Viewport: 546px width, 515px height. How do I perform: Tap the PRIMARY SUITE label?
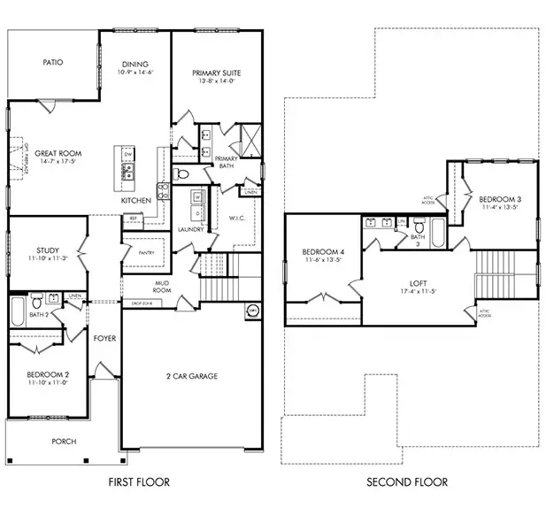point(216,73)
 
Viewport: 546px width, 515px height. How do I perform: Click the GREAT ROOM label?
point(58,153)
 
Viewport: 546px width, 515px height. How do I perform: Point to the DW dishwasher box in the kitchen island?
point(128,155)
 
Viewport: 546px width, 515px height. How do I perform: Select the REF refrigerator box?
point(134,218)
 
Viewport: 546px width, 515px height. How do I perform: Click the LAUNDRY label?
point(190,230)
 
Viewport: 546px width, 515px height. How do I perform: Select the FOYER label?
point(105,338)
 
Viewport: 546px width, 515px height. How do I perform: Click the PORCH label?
point(64,441)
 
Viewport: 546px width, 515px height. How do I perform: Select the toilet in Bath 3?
point(419,227)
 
